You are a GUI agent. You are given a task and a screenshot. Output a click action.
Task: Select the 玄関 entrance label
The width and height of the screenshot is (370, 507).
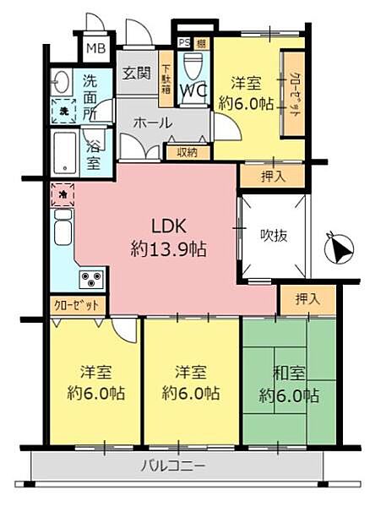[135, 74]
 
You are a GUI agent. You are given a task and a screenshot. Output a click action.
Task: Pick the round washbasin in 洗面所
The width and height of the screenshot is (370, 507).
[60, 82]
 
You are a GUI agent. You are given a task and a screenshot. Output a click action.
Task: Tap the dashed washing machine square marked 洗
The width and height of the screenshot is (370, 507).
[63, 110]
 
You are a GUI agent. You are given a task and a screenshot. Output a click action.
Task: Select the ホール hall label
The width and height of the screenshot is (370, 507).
[152, 123]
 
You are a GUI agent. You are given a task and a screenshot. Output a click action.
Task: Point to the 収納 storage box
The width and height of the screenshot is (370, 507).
[188, 152]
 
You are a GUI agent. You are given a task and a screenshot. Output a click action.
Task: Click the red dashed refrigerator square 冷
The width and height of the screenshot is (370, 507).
[63, 194]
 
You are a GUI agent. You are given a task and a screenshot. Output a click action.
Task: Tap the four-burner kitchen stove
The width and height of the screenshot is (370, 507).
[92, 278]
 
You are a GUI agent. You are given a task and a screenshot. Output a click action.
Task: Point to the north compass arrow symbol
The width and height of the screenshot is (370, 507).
[336, 250]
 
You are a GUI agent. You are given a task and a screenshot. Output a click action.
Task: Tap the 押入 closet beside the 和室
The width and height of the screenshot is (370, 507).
[307, 298]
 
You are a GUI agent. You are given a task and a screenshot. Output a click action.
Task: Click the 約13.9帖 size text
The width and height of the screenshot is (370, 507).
[169, 250]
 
